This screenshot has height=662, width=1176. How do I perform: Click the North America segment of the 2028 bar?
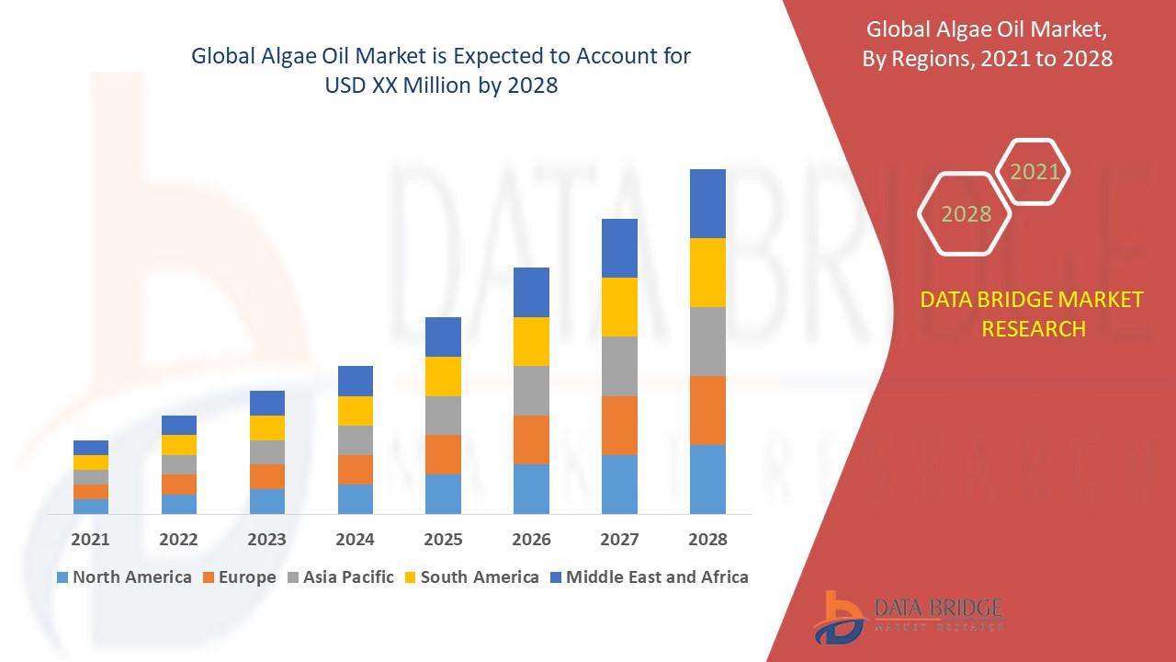pyautogui.click(x=707, y=479)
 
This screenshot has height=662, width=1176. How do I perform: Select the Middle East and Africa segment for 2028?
pyautogui.click(x=707, y=203)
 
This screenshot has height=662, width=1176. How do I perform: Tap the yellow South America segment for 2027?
pyautogui.click(x=619, y=307)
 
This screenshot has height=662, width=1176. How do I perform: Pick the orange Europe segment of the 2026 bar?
pyautogui.click(x=531, y=439)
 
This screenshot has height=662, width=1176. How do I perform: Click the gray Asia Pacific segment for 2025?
pyautogui.click(x=443, y=416)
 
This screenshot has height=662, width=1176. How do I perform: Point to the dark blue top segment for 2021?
pyautogui.click(x=91, y=448)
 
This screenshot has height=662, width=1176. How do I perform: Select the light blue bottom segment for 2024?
pyautogui.click(x=356, y=498)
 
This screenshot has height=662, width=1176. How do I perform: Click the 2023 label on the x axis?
pyautogui.click(x=266, y=540)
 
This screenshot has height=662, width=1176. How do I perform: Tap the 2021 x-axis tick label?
pyautogui.click(x=90, y=540)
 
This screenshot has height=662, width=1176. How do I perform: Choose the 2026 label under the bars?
pyautogui.click(x=531, y=540)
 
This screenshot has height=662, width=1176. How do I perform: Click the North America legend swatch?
pyautogui.click(x=62, y=577)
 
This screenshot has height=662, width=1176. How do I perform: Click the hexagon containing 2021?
pyautogui.click(x=1035, y=172)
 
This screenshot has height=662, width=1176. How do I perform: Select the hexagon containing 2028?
pyautogui.click(x=966, y=214)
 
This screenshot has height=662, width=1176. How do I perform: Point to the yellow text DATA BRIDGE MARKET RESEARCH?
pyautogui.click(x=1033, y=314)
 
